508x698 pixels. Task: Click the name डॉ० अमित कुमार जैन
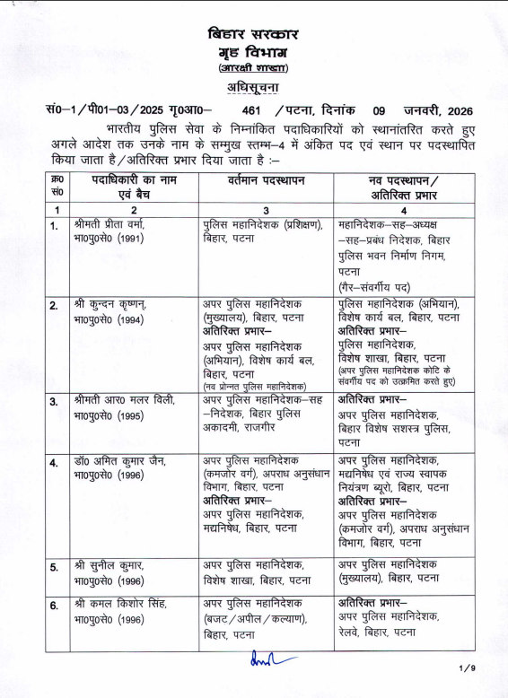tap(117, 459)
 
